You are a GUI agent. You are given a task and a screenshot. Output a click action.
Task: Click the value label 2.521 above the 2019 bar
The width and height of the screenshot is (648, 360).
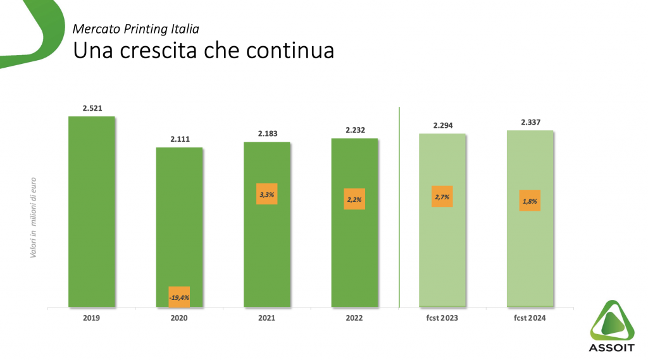click(x=91, y=108)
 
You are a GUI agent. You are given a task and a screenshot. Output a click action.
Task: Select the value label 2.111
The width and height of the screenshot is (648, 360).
click(x=179, y=139)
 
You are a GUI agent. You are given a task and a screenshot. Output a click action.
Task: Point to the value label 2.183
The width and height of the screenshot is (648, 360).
click(x=267, y=133)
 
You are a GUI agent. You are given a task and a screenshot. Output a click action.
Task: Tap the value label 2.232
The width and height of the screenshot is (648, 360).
click(x=354, y=130)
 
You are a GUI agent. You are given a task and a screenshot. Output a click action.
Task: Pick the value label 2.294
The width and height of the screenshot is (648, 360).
click(x=442, y=125)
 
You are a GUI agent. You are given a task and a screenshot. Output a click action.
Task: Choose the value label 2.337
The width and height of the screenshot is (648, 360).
click(x=530, y=122)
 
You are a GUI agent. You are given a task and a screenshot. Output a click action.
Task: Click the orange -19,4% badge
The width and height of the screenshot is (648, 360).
click(x=179, y=297)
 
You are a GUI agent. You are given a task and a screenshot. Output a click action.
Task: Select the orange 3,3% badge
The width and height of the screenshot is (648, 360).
click(x=266, y=194)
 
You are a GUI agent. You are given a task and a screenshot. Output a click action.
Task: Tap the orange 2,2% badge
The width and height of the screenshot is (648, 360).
click(x=354, y=199)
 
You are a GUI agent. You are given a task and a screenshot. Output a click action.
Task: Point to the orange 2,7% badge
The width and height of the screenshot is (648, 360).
click(x=442, y=197)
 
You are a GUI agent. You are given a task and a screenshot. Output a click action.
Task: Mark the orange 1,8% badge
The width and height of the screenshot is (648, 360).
click(x=530, y=201)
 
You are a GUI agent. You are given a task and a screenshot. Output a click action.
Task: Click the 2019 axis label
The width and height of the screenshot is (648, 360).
click(x=91, y=318)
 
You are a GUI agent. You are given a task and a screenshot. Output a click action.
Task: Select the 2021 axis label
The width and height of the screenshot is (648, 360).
click(x=266, y=318)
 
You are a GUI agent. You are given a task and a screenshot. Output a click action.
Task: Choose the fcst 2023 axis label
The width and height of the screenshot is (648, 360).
click(x=442, y=318)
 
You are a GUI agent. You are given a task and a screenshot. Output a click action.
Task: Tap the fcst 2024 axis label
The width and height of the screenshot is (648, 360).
click(x=530, y=318)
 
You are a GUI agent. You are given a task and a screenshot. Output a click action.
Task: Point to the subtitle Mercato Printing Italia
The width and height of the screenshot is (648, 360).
click(x=136, y=28)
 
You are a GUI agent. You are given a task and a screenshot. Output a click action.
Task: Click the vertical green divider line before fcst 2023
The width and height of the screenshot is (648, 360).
click(x=399, y=209)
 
